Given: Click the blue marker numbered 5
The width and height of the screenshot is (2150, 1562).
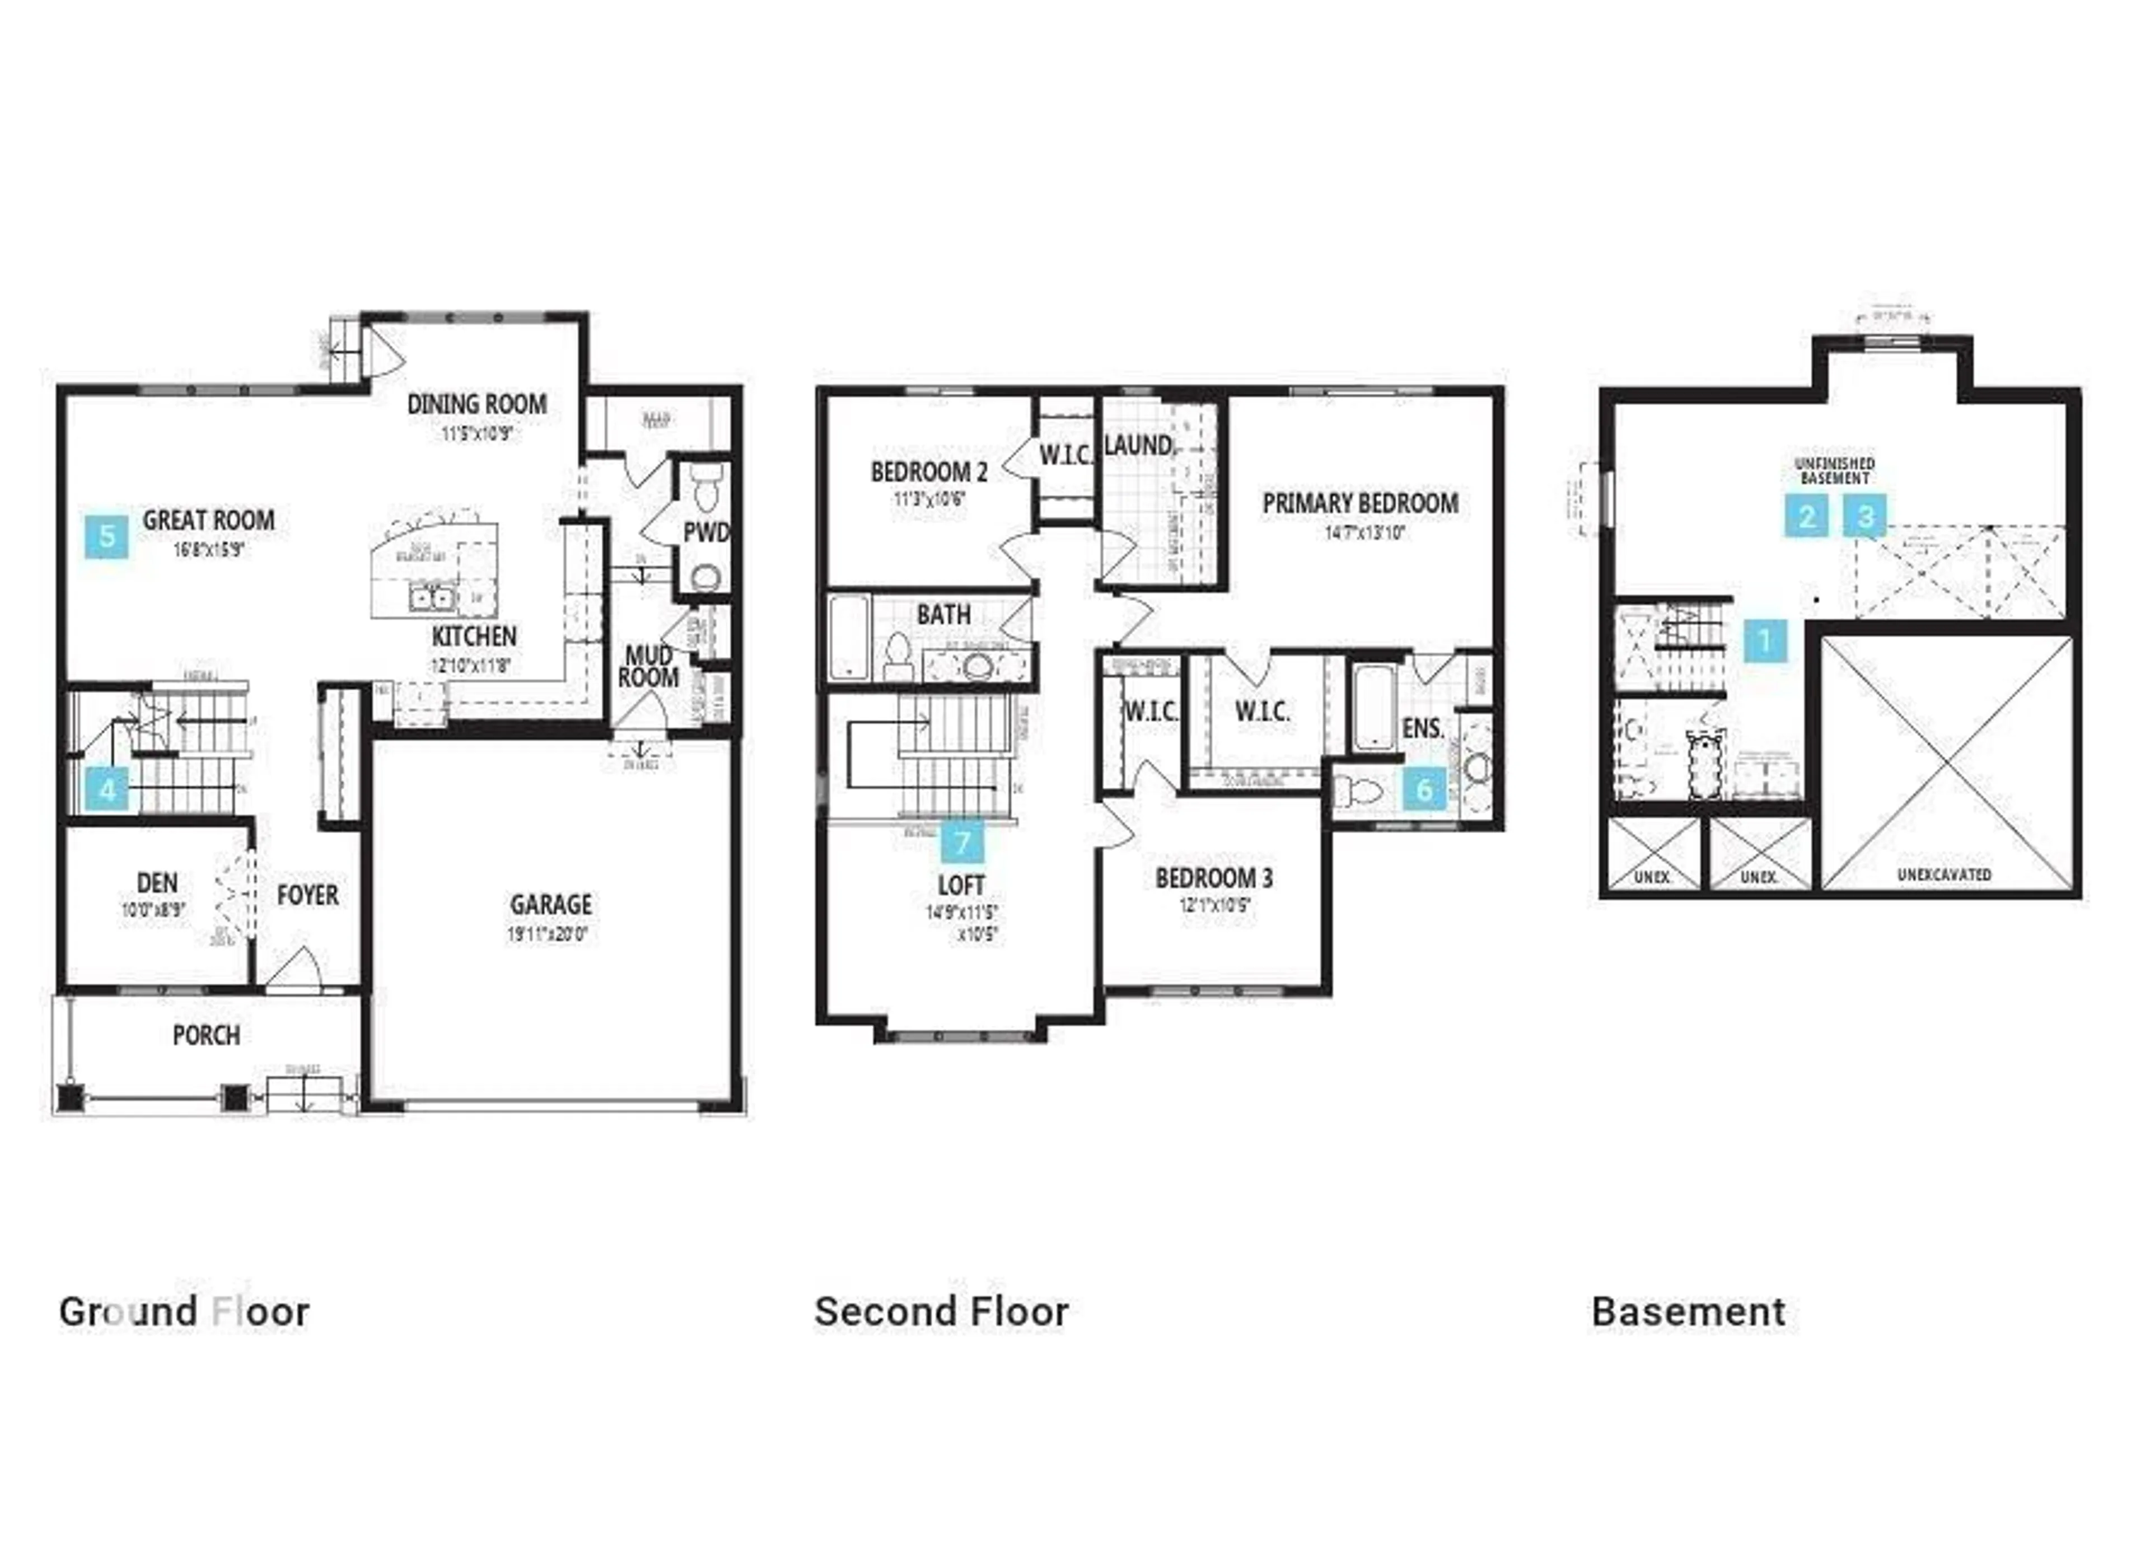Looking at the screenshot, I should pos(106,536).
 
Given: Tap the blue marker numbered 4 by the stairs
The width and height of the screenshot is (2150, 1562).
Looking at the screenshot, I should pos(107,789).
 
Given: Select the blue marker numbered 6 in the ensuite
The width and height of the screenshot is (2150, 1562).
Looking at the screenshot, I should pos(1424,789).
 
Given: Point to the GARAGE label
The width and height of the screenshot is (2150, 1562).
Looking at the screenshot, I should pos(551,904).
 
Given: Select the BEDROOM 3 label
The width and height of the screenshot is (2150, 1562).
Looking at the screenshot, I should pos(1213,878).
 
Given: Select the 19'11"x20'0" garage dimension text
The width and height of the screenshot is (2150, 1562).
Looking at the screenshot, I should pos(548,934).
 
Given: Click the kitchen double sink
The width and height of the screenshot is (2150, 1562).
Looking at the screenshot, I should pos(431,598).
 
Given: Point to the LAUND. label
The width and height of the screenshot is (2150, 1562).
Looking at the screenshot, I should pos(1138,446).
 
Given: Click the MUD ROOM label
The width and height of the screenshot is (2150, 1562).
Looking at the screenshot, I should pos(649,666).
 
